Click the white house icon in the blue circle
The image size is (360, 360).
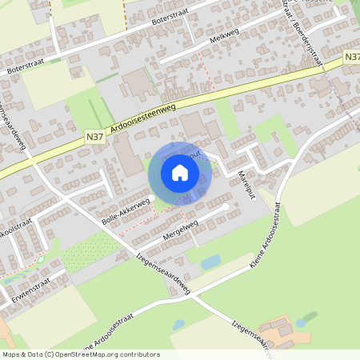180,173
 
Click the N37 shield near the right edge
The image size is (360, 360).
352,58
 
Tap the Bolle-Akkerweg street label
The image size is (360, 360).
126,210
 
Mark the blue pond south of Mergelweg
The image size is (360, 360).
210,262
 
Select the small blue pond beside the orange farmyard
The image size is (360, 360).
301,323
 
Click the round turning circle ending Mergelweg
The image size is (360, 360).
227,207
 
